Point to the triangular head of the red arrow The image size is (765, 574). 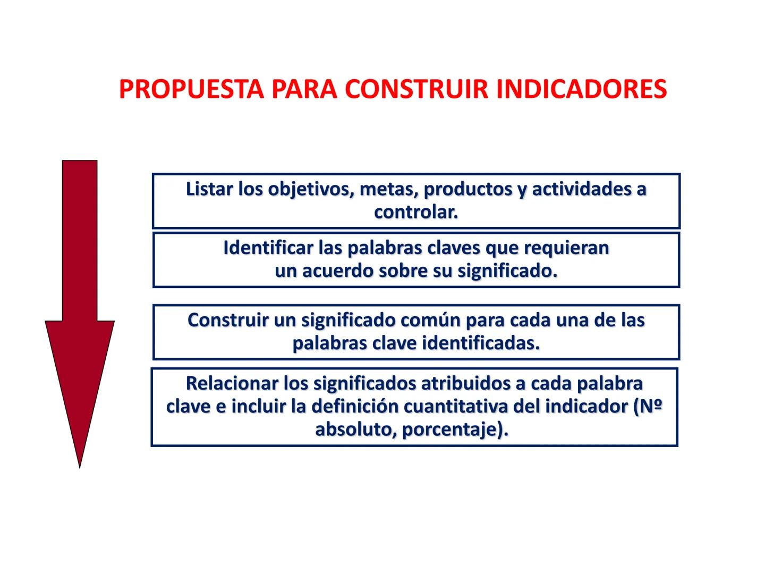(x=80, y=383)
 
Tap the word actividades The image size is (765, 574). (x=581, y=189)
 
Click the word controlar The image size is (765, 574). (x=416, y=213)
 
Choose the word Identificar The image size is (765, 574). (x=268, y=248)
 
